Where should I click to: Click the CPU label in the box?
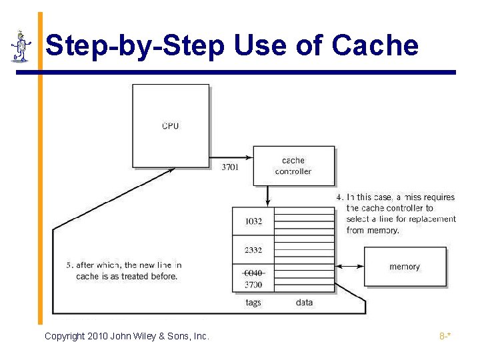(171, 125)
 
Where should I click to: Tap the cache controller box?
(293, 166)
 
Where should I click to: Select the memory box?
(405, 267)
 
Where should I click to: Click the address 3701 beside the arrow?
(230, 167)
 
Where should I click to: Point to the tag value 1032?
(253, 221)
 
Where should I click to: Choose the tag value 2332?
(253, 251)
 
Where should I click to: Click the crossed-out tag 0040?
(253, 273)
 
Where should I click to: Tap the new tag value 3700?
(253, 285)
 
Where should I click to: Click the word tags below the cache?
(253, 303)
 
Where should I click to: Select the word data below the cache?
(304, 303)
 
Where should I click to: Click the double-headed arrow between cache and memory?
(350, 267)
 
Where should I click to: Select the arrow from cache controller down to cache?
(267, 195)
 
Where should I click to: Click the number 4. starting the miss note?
(340, 197)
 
